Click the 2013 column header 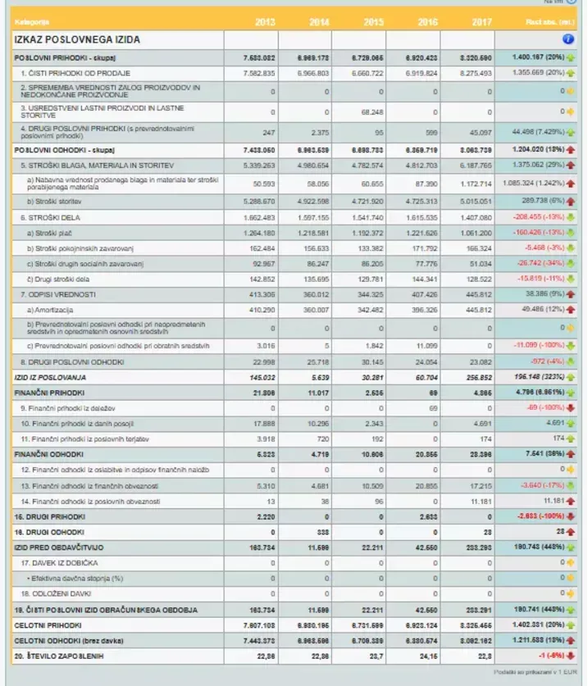coord(265,21)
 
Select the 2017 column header coord(481,21)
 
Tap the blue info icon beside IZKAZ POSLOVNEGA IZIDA coord(568,39)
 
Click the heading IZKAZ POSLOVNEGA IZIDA coord(77,39)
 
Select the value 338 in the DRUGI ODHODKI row coord(321,531)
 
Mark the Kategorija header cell coord(33,21)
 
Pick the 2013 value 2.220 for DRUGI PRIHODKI coord(263,516)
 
